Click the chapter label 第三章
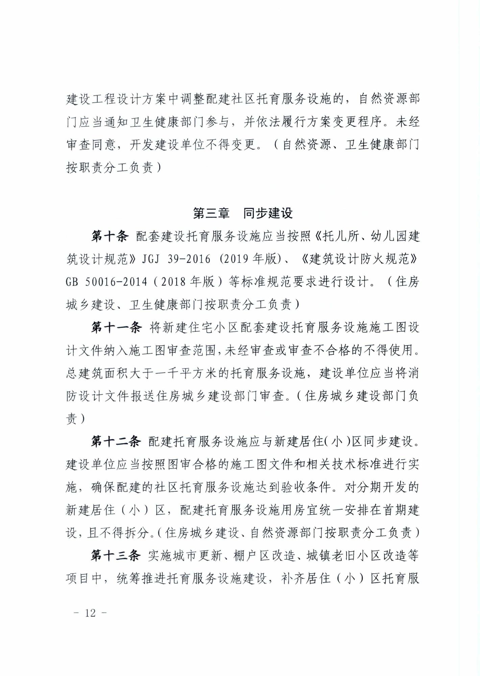coord(211,213)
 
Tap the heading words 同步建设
coord(268,213)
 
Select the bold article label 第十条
coord(110,236)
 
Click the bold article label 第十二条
coord(116,441)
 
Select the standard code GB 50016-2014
coord(106,282)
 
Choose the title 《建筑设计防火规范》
coord(359,259)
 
